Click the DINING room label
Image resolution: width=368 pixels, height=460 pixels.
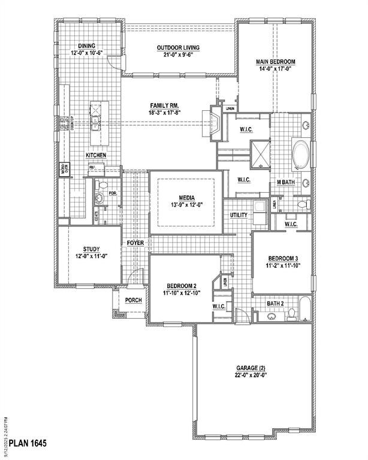tap(87, 45)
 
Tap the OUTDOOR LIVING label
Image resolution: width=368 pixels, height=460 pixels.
tap(178, 48)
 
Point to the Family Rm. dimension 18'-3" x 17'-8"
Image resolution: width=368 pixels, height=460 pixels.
tap(165, 112)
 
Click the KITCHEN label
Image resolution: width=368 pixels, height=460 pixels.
tap(96, 155)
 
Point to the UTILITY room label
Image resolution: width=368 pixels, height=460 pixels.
tap(239, 215)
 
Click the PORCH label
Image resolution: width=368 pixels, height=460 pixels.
tap(134, 299)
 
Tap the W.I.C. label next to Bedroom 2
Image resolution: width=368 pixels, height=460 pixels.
tap(219, 307)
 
